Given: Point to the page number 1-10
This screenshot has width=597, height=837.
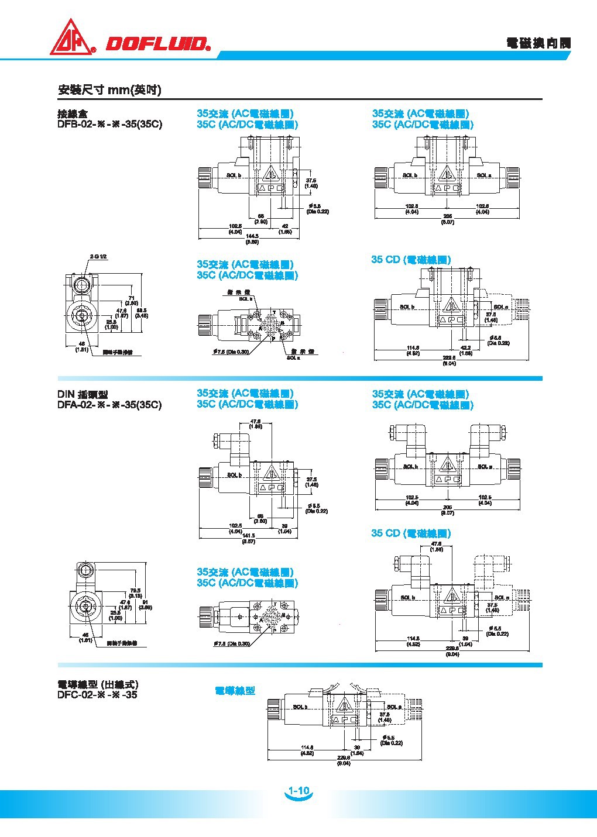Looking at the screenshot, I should [x=299, y=791].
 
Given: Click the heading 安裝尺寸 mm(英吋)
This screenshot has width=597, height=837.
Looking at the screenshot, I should [x=109, y=90].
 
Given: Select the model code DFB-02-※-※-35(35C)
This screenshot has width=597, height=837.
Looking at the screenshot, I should [x=109, y=125].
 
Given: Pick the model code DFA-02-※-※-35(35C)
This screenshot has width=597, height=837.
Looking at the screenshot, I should [x=109, y=405].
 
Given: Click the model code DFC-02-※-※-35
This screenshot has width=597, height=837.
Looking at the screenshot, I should [x=97, y=695].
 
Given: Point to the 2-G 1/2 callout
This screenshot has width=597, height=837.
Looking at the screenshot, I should [x=99, y=257].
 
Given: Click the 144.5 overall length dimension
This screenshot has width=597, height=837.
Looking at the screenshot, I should [x=252, y=236].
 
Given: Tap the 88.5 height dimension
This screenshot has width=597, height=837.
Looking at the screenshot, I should [x=141, y=312].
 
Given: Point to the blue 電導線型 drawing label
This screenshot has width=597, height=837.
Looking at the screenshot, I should [x=235, y=691].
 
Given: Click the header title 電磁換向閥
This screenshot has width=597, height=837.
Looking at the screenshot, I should [x=538, y=44].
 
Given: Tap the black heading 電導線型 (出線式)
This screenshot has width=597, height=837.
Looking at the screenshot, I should [x=97, y=684].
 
